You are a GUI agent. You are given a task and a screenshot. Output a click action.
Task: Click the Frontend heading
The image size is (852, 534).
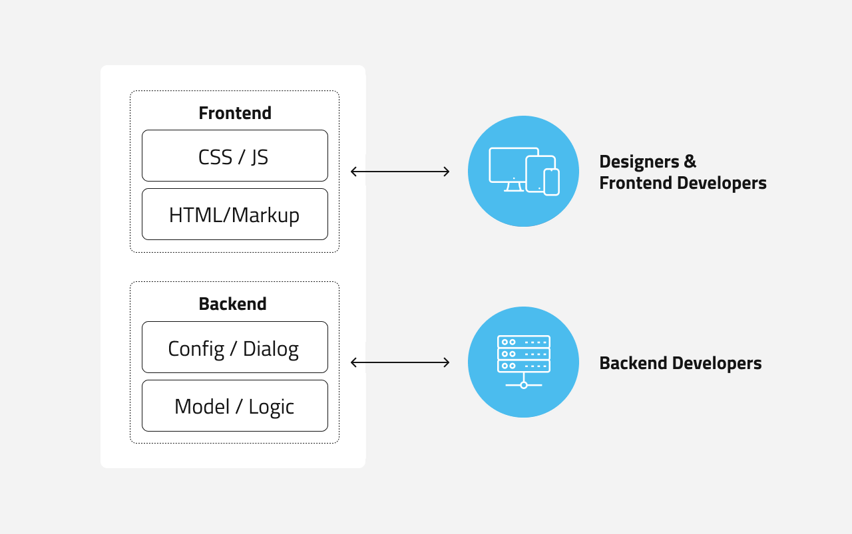[234, 113]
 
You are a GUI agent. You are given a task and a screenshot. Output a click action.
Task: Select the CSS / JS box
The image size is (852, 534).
[234, 156]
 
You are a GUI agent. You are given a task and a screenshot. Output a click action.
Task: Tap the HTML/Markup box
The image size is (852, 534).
[234, 214]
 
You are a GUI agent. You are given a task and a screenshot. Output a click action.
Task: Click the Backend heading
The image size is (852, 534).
[232, 304]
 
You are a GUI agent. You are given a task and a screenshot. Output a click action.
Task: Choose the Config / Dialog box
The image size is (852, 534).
[234, 347]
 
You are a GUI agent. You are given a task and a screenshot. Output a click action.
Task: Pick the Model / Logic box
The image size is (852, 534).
[234, 406]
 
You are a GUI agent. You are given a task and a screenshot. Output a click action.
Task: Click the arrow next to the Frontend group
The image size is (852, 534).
[400, 172]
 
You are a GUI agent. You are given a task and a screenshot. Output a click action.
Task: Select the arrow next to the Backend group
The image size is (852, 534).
[400, 362]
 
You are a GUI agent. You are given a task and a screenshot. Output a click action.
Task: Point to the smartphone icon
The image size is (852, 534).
[552, 182]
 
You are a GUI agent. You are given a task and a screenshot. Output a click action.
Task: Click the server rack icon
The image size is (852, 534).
[524, 354]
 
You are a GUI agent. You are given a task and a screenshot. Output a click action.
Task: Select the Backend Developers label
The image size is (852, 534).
[680, 363]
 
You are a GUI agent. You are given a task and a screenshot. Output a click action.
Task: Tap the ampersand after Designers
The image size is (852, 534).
[690, 162]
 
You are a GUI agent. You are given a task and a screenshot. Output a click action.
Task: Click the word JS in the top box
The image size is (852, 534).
[259, 157]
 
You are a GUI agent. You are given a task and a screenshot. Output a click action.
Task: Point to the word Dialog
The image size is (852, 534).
[270, 348]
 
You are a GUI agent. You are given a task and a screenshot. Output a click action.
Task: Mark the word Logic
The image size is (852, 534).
[271, 407]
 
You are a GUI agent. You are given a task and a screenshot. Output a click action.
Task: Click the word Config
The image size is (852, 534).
[196, 348]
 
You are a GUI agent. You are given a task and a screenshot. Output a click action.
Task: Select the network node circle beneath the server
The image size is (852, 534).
[524, 385]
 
